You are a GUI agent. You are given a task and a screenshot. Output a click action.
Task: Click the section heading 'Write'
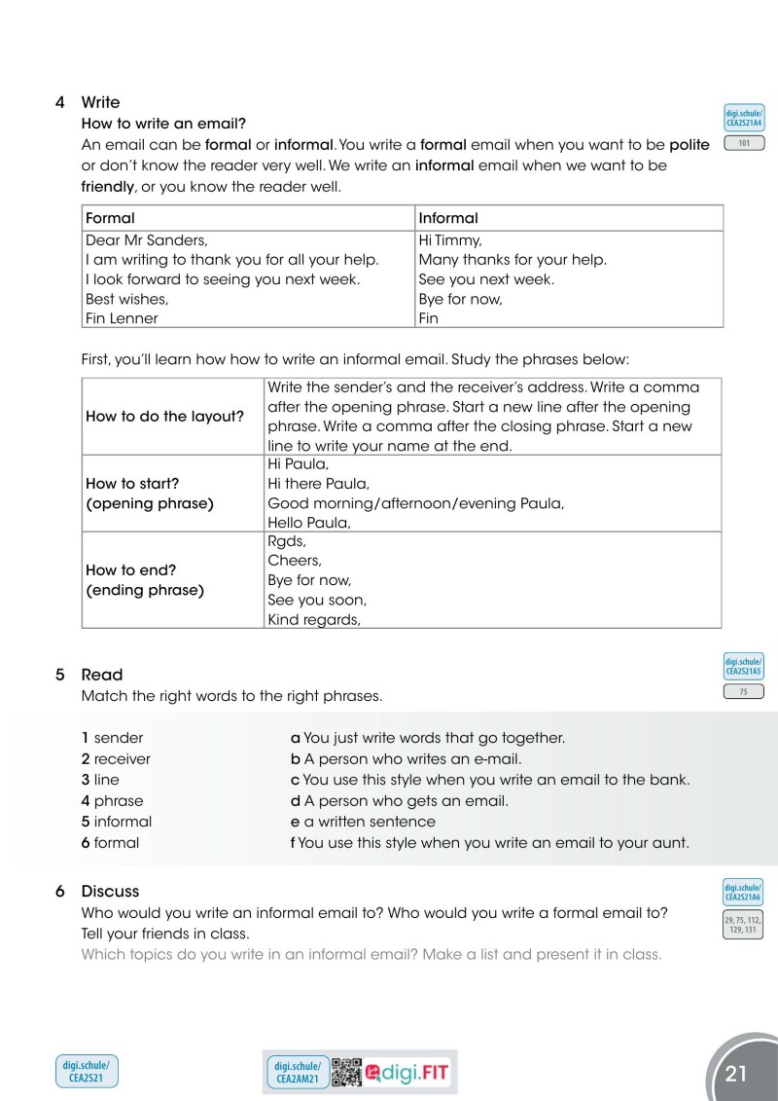pyautogui.click(x=100, y=102)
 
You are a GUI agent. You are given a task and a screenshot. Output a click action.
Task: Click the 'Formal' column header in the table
pyautogui.click(x=110, y=218)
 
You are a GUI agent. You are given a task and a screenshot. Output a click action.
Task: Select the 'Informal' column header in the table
pyautogui.click(x=448, y=218)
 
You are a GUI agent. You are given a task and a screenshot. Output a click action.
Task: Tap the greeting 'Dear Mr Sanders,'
pyautogui.click(x=147, y=239)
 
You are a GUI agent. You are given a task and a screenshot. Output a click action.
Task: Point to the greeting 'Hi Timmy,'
pyautogui.click(x=450, y=239)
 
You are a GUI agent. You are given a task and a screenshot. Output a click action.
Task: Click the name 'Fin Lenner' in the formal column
pyautogui.click(x=122, y=318)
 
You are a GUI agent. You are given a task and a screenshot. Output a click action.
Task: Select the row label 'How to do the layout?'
pyautogui.click(x=164, y=416)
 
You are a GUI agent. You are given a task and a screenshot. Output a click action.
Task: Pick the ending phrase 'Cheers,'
pyautogui.click(x=295, y=561)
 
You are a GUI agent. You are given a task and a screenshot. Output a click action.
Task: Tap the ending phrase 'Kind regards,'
pyautogui.click(x=314, y=619)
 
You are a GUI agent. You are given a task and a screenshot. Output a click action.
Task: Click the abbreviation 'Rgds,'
pyautogui.click(x=287, y=541)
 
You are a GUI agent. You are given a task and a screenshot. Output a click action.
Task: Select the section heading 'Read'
pyautogui.click(x=101, y=675)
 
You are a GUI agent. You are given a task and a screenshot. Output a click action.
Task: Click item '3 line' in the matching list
pyautogui.click(x=100, y=780)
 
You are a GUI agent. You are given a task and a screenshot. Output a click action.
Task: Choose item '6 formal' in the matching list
pyautogui.click(x=110, y=843)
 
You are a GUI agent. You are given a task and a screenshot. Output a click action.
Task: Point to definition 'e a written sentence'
pyautogui.click(x=363, y=822)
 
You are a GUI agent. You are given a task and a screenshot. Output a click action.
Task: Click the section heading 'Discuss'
pyautogui.click(x=110, y=891)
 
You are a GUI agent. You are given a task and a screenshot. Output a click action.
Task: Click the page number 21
pyautogui.click(x=736, y=1074)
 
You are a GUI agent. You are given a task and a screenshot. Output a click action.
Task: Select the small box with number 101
pyautogui.click(x=744, y=144)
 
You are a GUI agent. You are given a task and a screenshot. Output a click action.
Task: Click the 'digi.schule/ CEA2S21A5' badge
pyautogui.click(x=744, y=667)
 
